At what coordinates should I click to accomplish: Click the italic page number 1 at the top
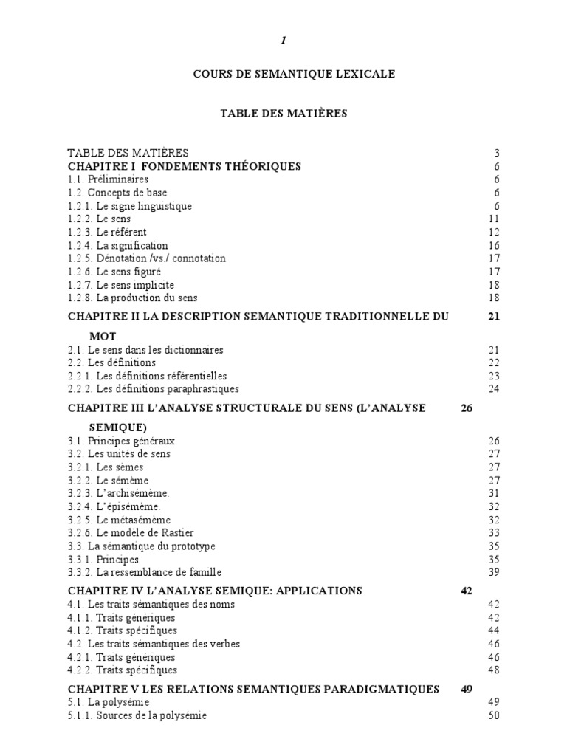283,41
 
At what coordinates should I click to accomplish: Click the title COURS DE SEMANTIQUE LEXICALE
283,74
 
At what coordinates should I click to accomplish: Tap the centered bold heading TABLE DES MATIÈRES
283,114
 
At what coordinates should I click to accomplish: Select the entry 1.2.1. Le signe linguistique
130,206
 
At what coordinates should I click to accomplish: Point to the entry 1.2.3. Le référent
107,232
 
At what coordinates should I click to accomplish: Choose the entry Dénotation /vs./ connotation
146,258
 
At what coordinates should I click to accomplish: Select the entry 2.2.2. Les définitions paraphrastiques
153,389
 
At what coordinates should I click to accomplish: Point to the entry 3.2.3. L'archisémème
113,493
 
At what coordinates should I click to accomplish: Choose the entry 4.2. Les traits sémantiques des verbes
154,644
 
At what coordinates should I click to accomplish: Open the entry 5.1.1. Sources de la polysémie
137,716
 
